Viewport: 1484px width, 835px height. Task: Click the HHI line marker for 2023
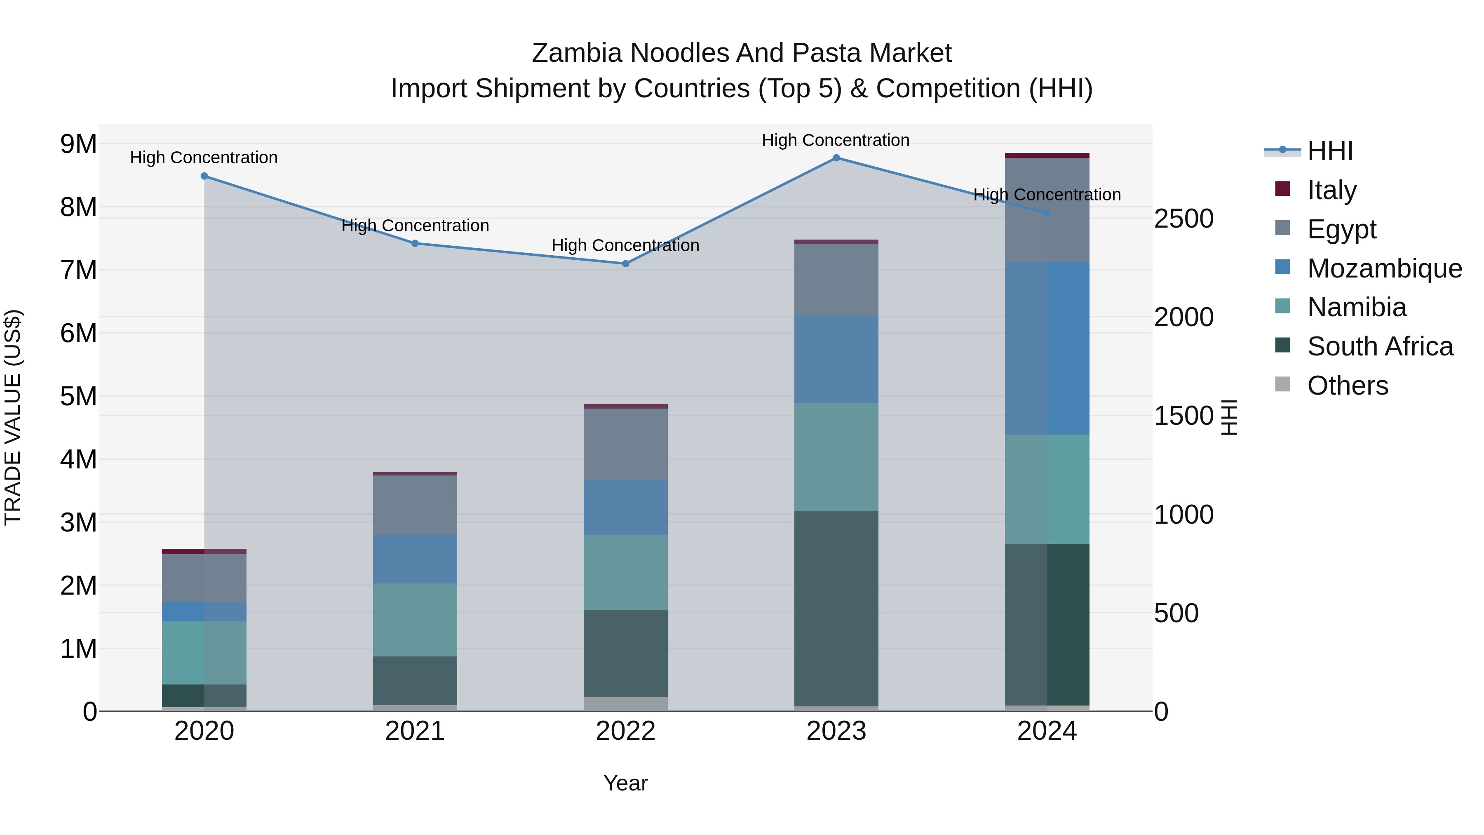tap(836, 158)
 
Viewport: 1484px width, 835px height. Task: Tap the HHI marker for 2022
tap(626, 264)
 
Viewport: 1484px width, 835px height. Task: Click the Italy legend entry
tap(1331, 190)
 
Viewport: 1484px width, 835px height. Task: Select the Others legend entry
tap(1347, 386)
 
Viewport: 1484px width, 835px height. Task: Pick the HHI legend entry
tap(1329, 151)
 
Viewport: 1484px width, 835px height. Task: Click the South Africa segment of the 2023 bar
tap(836, 608)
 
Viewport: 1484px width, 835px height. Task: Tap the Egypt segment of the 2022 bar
tap(626, 444)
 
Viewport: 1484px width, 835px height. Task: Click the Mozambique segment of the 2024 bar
tap(1047, 348)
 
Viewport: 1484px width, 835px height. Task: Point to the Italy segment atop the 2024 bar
tap(1047, 155)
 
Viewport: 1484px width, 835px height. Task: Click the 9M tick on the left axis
tap(79, 144)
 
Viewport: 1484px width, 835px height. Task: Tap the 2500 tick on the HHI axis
tap(1183, 219)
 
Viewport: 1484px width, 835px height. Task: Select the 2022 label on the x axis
tap(626, 731)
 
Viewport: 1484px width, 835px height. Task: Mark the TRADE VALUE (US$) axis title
tap(13, 417)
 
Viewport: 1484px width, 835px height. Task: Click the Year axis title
tap(626, 783)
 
